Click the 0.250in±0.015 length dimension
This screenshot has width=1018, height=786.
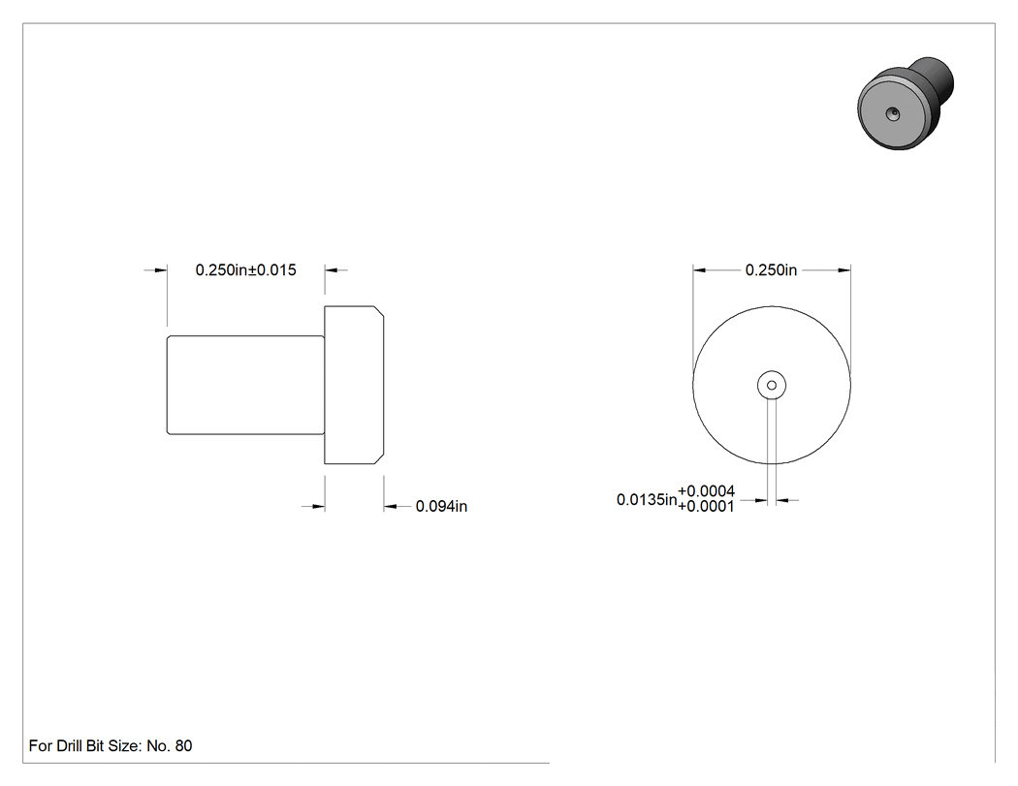tap(245, 270)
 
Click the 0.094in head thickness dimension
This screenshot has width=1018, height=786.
tap(441, 506)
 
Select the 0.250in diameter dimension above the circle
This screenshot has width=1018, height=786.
tap(771, 270)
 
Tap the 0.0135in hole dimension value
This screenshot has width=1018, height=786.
tap(647, 500)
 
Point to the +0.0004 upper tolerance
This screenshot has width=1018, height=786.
tap(707, 491)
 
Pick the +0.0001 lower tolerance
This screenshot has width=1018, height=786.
tap(707, 506)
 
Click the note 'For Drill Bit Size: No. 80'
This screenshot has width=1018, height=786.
tap(111, 745)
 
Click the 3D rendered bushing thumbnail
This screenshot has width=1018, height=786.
tap(905, 103)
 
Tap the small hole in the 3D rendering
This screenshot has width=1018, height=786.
tap(893, 114)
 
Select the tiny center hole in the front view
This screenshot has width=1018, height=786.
tap(772, 385)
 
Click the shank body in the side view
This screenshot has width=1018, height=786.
tap(245, 385)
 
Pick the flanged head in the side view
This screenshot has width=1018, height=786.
tap(354, 385)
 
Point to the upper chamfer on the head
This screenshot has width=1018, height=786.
tap(378, 311)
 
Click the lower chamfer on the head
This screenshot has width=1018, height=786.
tap(378, 458)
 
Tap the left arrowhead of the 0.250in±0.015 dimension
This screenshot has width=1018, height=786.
tap(160, 270)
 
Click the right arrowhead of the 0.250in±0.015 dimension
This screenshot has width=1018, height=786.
tap(332, 270)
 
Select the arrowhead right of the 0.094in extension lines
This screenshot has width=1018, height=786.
tap(390, 506)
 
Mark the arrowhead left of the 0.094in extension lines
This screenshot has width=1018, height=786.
tap(318, 506)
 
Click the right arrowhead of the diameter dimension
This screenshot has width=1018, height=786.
tap(844, 270)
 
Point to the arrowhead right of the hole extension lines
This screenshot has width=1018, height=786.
tap(782, 500)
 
